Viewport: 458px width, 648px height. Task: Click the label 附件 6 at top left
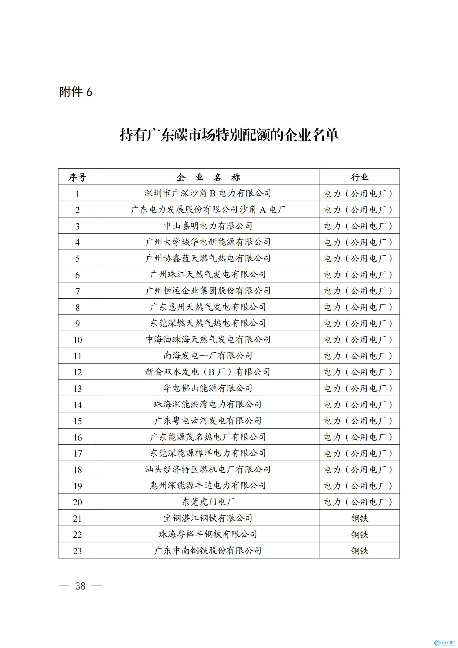point(76,92)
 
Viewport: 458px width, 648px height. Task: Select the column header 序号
point(77,177)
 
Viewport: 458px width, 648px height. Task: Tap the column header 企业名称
point(208,177)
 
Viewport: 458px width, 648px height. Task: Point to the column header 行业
point(359,177)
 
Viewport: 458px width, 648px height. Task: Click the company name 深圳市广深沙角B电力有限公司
point(208,193)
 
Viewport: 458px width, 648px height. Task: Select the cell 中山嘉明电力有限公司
point(208,226)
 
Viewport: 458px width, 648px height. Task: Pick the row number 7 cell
point(77,291)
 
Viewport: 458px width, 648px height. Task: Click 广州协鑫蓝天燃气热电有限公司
point(208,258)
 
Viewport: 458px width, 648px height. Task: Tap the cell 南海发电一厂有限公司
point(208,356)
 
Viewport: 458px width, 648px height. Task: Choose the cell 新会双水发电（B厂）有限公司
point(208,372)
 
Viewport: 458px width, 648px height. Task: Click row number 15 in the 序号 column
point(77,421)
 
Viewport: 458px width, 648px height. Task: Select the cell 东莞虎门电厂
point(208,502)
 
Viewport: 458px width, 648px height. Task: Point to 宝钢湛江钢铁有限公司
point(208,518)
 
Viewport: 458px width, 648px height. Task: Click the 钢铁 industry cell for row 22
point(359,534)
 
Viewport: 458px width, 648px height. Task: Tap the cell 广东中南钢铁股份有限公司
point(208,551)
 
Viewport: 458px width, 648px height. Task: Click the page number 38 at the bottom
point(80,586)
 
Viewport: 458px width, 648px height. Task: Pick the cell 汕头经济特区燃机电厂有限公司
point(208,469)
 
